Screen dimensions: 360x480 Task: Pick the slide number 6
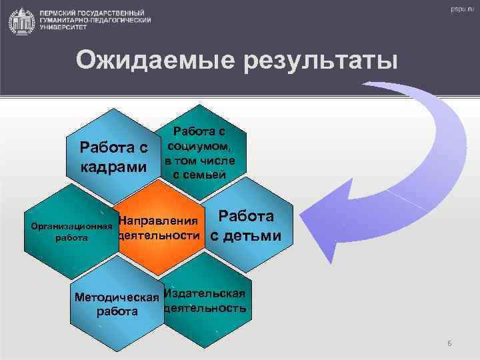(449, 344)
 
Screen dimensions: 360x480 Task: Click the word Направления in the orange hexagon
(159, 221)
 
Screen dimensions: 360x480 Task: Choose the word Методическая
(118, 297)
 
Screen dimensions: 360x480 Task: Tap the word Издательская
(205, 293)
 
